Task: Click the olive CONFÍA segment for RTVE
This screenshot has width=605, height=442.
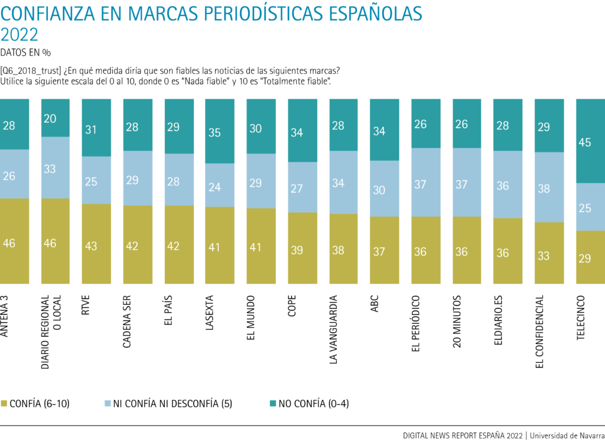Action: (96, 243)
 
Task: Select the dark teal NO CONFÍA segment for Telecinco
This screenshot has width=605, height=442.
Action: (590, 141)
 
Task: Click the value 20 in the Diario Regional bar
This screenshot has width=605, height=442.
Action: (50, 118)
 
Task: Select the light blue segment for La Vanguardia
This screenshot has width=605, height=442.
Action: (339, 183)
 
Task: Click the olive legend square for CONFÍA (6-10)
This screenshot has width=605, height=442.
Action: (4, 404)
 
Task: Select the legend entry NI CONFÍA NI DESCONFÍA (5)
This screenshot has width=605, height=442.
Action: (169, 404)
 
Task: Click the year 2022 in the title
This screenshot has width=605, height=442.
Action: (19, 35)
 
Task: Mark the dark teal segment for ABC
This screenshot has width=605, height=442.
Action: (379, 130)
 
